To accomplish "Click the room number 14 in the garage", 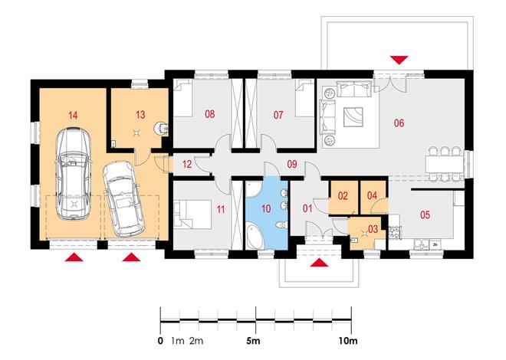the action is (74, 115).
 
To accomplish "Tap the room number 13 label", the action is (140, 115).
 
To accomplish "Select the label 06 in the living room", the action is (399, 123).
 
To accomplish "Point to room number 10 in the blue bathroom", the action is (266, 209).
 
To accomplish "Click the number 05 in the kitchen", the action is (425, 214).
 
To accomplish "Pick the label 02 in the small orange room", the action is (343, 195).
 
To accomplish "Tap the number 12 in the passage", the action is (187, 165).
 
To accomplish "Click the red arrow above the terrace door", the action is (399, 60).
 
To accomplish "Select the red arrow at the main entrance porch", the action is (320, 263).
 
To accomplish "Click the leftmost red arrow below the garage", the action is (74, 257).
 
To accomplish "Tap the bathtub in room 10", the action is (255, 237).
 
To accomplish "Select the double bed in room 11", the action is (192, 214).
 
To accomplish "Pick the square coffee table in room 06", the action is (353, 117).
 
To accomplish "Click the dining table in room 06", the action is (444, 165).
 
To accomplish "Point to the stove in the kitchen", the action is (395, 232).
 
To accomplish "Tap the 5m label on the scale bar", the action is (253, 341).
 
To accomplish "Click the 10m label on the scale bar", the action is (348, 341).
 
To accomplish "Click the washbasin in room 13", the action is (160, 128).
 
